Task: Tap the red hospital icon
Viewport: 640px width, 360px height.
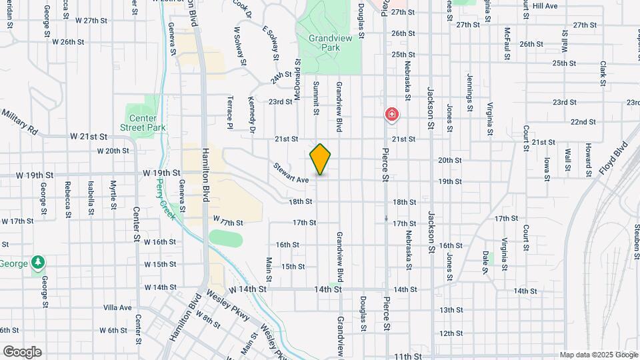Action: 392,115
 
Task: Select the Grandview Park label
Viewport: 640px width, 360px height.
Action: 325,43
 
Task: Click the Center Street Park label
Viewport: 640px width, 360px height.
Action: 143,123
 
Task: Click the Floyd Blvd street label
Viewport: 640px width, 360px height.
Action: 613,158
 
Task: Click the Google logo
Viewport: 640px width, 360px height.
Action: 22,352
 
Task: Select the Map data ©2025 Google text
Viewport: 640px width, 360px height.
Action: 598,355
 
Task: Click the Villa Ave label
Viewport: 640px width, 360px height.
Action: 118,307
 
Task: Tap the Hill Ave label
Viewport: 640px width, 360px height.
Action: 545,5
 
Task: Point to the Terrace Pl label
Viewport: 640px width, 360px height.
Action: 229,112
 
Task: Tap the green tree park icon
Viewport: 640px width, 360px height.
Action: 39,263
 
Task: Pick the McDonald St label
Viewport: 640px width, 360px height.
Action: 297,79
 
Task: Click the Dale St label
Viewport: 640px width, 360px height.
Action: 486,261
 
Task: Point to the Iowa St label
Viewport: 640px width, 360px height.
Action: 546,168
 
